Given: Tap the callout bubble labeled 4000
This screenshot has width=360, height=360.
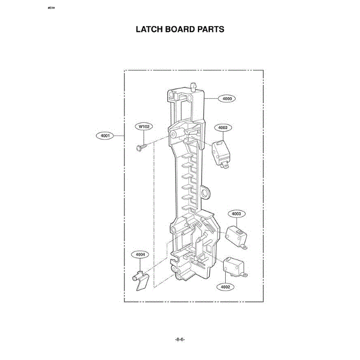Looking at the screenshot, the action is pos(227,99).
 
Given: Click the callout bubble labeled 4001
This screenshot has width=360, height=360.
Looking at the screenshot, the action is pos(105,136).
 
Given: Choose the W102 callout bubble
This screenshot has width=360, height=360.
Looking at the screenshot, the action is pos(144,127).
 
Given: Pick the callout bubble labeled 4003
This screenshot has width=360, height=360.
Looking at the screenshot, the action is pos(237,214).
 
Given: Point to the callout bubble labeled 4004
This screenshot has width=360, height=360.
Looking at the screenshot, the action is pos(140,255).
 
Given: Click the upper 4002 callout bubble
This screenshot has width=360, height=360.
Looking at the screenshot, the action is pos(223,128).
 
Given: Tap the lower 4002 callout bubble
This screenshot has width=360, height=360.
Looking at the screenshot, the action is pos(225,287).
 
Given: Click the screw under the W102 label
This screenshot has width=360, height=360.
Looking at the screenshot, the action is pos(141,147).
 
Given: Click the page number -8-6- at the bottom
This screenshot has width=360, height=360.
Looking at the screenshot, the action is pos(180,339).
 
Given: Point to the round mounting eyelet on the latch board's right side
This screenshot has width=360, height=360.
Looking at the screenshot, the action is pos(205,192).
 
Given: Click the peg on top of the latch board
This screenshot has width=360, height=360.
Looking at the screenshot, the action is pos(193,86).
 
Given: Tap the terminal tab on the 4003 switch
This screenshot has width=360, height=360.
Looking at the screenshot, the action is pos(244,247).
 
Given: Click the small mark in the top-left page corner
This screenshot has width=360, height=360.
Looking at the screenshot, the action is pos(51,8).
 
